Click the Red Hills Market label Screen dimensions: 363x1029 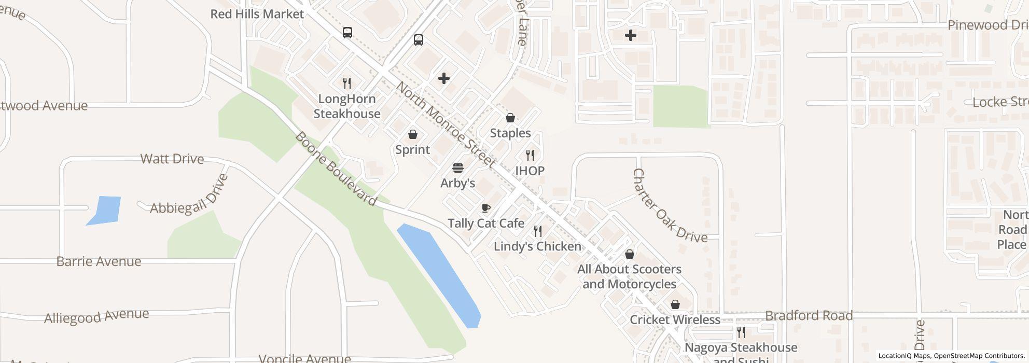tap(257, 14)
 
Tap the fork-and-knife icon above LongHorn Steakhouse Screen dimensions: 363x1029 tap(347, 82)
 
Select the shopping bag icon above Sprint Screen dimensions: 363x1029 tap(413, 135)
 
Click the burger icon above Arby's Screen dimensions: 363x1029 tap(458, 168)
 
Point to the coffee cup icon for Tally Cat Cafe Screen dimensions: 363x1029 tap(486, 208)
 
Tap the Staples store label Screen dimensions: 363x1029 tap(510, 133)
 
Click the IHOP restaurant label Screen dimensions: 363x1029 tap(530, 171)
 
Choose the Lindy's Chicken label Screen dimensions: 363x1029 tap(537, 246)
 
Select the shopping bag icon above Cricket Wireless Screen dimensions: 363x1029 tap(675, 304)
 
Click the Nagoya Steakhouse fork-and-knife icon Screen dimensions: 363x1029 tap(741, 332)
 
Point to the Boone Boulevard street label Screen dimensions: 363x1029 tap(336, 169)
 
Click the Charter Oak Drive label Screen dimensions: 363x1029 tap(670, 206)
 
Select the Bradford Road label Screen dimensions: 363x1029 tap(809, 315)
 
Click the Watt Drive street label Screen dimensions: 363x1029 tap(172, 159)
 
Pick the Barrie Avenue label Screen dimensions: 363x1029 tap(99, 261)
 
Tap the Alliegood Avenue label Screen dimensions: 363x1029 tap(96, 316)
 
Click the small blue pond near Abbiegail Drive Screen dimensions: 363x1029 tap(105, 210)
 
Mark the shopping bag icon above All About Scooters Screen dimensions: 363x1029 tap(630, 254)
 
